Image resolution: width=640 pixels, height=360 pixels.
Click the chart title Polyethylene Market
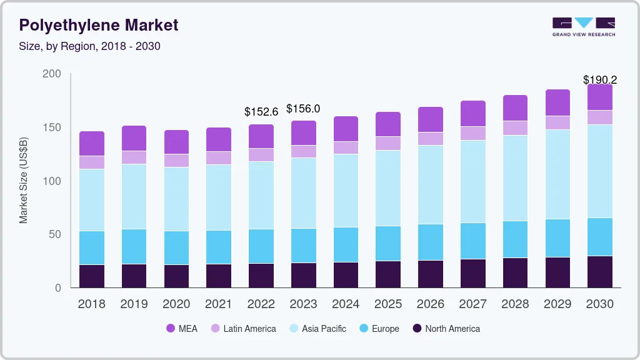click(99, 25)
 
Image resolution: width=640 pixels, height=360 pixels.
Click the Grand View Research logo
click(583, 26)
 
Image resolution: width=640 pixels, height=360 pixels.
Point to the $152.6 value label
click(261, 112)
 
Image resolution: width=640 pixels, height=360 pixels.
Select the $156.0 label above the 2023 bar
click(303, 109)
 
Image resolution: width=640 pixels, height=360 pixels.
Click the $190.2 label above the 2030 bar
click(599, 79)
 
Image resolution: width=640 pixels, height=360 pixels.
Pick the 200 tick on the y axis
click(52, 74)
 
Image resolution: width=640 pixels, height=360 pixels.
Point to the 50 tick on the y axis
click(55, 234)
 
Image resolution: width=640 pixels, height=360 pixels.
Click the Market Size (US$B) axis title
click(24, 181)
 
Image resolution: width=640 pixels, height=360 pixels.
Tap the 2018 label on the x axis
click(91, 304)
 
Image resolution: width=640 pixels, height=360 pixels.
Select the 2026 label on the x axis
click(431, 304)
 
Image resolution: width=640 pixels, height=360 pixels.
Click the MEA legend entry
click(182, 328)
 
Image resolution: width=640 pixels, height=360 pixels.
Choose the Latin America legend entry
click(243, 328)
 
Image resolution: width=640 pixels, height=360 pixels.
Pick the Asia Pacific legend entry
click(317, 328)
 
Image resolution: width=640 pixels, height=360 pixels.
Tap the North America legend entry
click(446, 328)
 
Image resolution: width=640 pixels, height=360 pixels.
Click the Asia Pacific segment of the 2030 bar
click(600, 171)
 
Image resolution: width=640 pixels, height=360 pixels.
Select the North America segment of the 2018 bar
click(91, 276)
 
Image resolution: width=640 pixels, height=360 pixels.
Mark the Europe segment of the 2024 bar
click(346, 244)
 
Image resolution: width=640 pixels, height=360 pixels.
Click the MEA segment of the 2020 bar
click(176, 142)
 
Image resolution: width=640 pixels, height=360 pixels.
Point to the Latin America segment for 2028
click(515, 128)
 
